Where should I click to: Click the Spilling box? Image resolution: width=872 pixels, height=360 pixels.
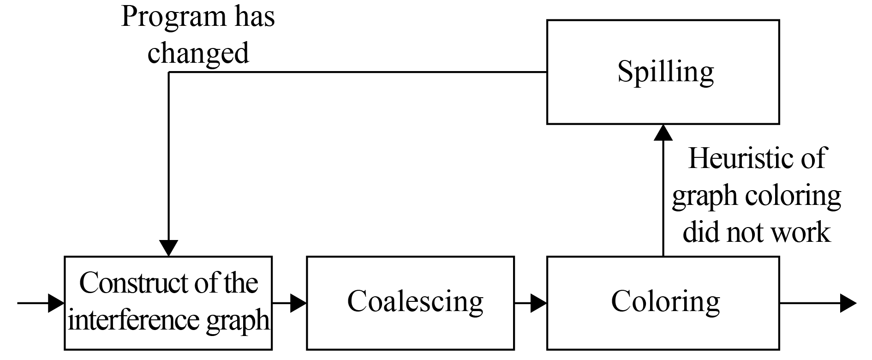(x=663, y=72)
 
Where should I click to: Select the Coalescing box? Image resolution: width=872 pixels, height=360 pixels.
(x=410, y=303)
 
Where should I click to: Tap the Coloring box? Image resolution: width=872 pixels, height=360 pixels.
(x=663, y=303)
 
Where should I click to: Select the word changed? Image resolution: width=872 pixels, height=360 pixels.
(x=198, y=53)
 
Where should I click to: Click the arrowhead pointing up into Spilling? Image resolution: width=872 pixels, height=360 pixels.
(x=663, y=132)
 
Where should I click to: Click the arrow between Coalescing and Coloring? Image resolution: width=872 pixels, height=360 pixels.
(x=531, y=303)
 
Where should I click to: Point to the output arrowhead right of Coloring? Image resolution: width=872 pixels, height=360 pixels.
(x=848, y=303)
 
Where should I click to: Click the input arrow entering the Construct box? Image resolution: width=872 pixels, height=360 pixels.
(x=42, y=303)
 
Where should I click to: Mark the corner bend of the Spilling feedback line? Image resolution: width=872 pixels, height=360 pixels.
(x=169, y=72)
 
